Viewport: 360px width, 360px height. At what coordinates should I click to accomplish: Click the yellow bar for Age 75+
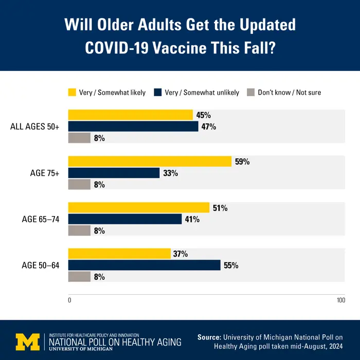[x=150, y=161]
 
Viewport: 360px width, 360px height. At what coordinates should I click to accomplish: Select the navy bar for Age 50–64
[x=145, y=265]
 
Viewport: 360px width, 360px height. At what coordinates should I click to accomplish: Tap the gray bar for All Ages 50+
[x=79, y=138]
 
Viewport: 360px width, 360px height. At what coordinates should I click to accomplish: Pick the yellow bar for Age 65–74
[x=139, y=208]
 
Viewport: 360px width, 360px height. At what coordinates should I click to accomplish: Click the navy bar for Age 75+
[x=114, y=173]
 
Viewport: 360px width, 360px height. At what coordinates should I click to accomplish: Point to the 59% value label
[x=242, y=161]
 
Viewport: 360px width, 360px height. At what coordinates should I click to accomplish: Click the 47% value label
[x=208, y=127]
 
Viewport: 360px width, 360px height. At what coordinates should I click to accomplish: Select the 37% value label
[x=181, y=254]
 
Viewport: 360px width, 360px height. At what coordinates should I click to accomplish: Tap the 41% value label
[x=192, y=220]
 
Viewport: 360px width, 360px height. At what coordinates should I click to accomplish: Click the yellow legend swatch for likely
[x=72, y=93]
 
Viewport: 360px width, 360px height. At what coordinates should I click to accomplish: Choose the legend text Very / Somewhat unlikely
[x=202, y=93]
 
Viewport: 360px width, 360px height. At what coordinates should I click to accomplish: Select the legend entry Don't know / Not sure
[x=289, y=93]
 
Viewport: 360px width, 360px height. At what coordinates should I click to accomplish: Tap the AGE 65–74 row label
[x=41, y=219]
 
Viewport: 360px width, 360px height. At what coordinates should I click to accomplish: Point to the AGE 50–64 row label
[x=41, y=265]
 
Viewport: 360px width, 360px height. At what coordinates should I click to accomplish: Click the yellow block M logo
[x=27, y=341]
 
